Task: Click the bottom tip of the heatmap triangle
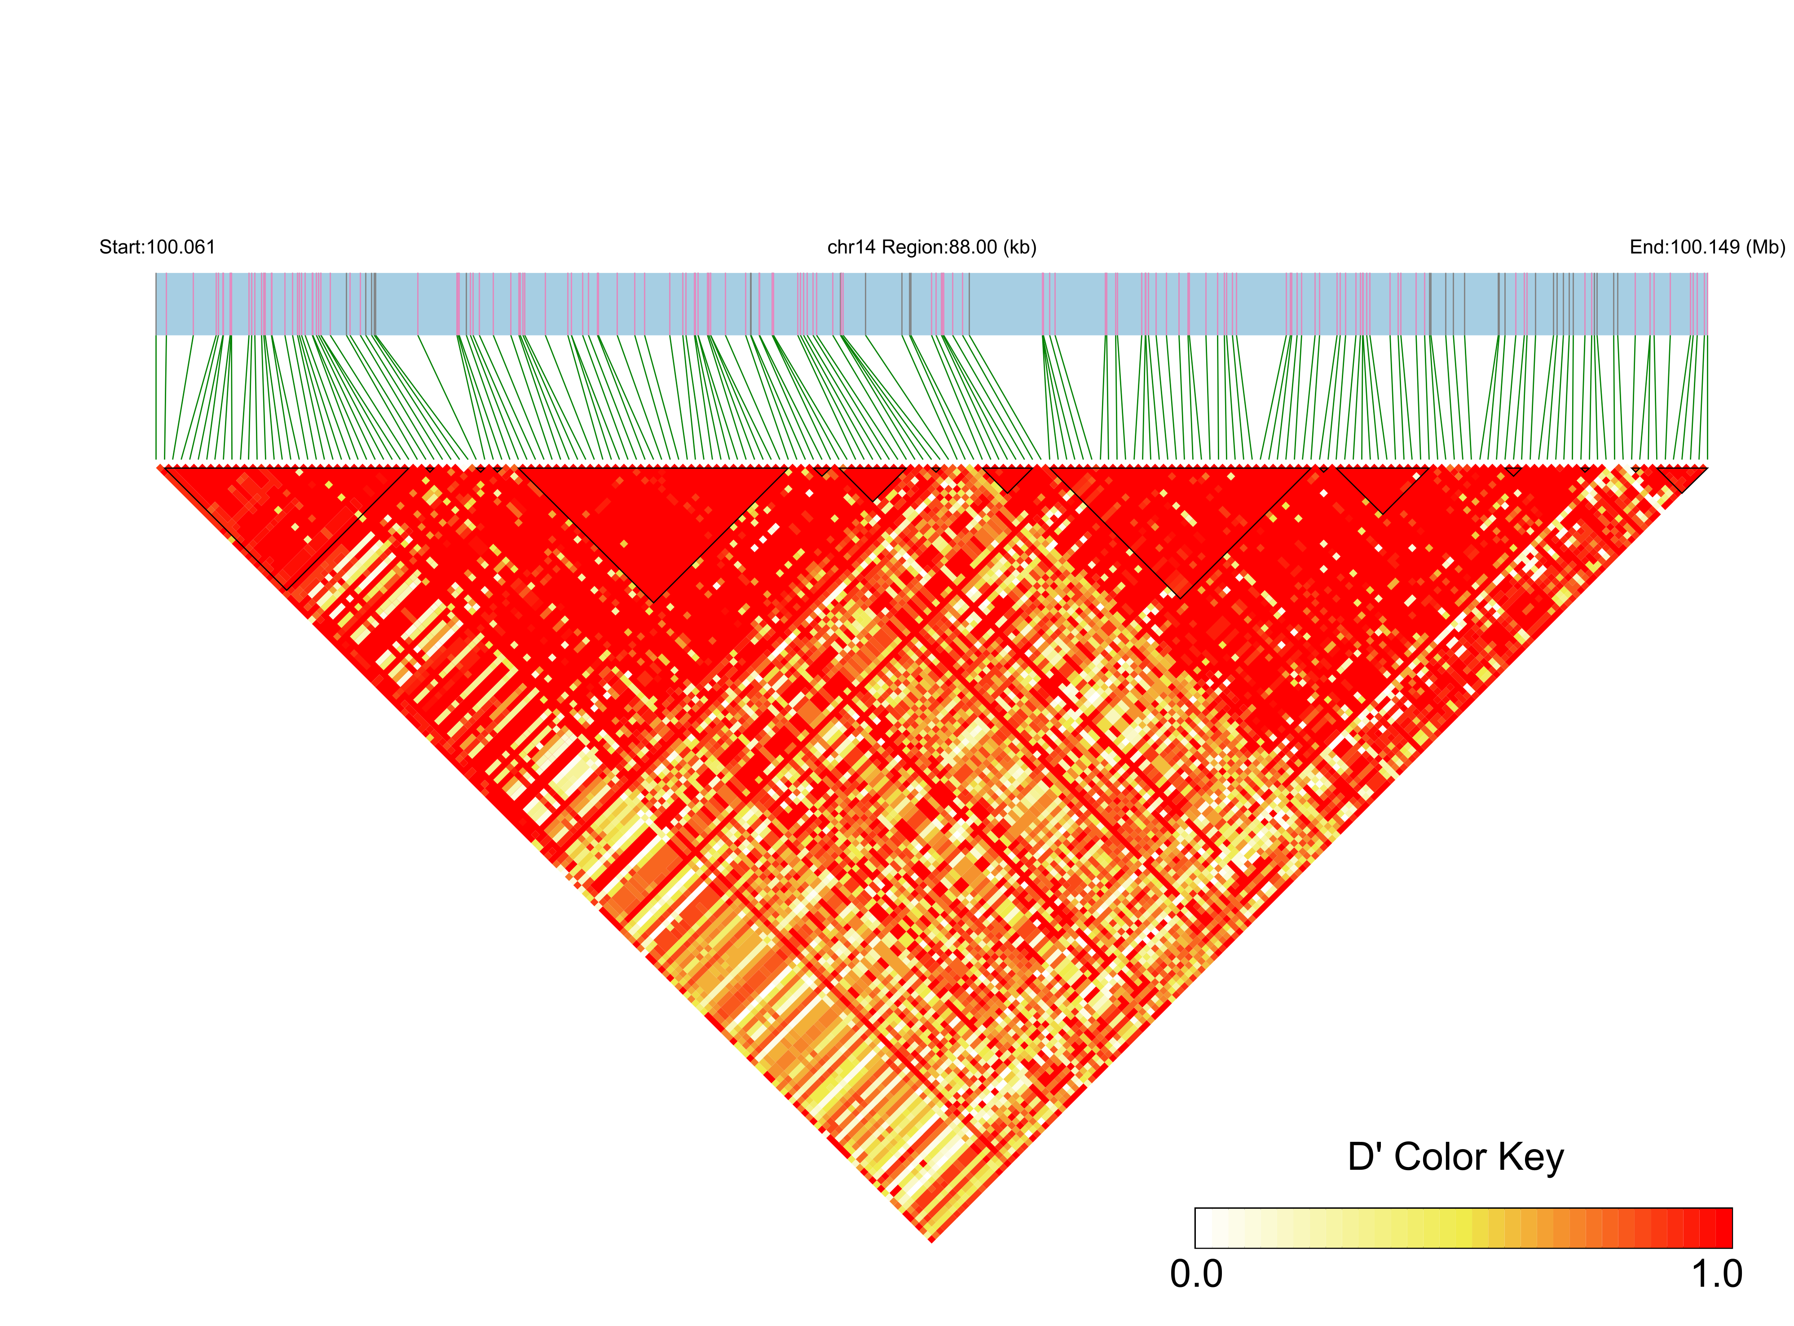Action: [931, 1242]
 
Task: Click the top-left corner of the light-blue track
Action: [157, 274]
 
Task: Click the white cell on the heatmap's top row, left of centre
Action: [463, 467]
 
